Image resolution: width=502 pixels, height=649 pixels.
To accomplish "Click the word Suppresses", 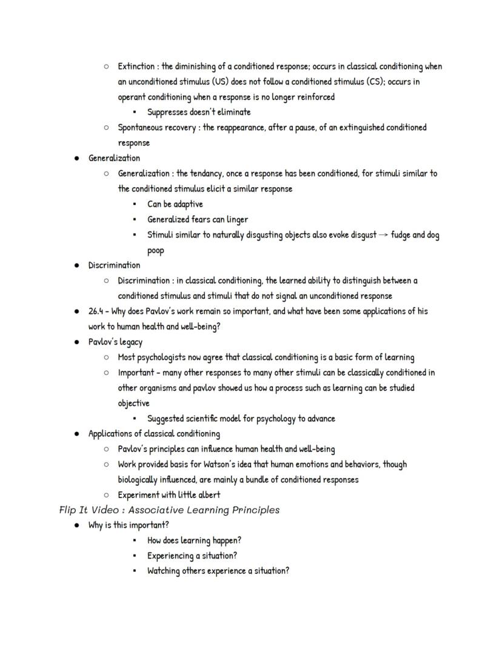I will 167,111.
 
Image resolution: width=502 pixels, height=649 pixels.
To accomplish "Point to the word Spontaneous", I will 141,127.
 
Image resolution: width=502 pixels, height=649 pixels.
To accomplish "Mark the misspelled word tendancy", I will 206,173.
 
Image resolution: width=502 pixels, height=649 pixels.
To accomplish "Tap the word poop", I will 156,250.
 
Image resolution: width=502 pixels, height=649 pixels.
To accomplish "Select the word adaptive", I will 187,204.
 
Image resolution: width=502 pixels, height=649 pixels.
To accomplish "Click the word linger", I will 236,219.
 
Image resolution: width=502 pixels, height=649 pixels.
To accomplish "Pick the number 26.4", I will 96,311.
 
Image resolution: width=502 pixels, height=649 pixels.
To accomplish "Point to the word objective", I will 133,403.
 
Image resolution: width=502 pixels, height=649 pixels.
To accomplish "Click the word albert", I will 207,494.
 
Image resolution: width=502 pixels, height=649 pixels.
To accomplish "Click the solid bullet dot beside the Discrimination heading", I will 77,265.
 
